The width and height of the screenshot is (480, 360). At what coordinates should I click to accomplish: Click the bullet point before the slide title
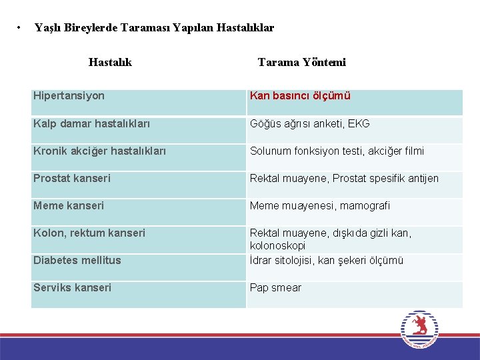(x=19, y=28)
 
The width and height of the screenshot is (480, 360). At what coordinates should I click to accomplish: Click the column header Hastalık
(x=110, y=62)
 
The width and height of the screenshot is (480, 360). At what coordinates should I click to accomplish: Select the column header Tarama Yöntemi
(x=301, y=62)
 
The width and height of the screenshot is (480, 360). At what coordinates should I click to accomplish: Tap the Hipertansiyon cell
(x=69, y=96)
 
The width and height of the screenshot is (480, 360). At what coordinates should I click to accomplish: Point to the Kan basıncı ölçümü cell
(x=300, y=96)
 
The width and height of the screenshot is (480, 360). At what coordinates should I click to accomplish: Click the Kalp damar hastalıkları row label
(x=91, y=124)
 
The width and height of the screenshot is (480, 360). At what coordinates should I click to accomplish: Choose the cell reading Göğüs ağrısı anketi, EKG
(x=309, y=124)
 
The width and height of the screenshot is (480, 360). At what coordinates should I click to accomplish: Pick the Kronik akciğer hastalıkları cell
(x=99, y=151)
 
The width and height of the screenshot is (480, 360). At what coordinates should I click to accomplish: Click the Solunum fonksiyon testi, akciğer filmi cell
(x=337, y=151)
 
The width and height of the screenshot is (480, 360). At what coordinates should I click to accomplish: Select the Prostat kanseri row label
(x=72, y=179)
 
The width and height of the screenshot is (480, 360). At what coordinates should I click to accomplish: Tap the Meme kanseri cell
(x=69, y=206)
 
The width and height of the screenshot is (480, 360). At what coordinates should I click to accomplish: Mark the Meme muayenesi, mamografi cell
(x=320, y=206)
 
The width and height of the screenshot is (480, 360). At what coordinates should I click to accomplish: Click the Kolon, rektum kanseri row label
(x=89, y=233)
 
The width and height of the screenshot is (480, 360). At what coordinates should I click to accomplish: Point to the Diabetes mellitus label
(x=77, y=261)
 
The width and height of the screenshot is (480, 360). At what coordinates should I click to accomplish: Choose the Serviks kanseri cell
(x=72, y=288)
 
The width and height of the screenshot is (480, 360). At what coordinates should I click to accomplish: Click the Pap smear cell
(x=275, y=288)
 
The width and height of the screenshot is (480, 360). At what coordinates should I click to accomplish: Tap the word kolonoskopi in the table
(x=277, y=246)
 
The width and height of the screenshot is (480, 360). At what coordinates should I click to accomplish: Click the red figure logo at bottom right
(x=419, y=327)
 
